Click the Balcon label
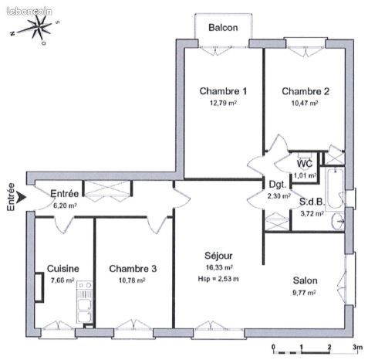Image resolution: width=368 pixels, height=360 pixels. [x=223, y=29]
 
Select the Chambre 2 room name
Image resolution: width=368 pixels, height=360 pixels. [x=306, y=91]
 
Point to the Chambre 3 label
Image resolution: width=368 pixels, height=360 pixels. [x=133, y=269]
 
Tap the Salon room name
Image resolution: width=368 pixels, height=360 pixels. [x=306, y=280]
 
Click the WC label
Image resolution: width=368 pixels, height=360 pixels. [x=305, y=164]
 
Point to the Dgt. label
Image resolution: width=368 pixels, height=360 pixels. [x=278, y=185]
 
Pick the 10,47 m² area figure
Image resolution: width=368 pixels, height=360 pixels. [x=305, y=103]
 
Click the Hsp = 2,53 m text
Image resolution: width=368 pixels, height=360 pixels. [x=217, y=279]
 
